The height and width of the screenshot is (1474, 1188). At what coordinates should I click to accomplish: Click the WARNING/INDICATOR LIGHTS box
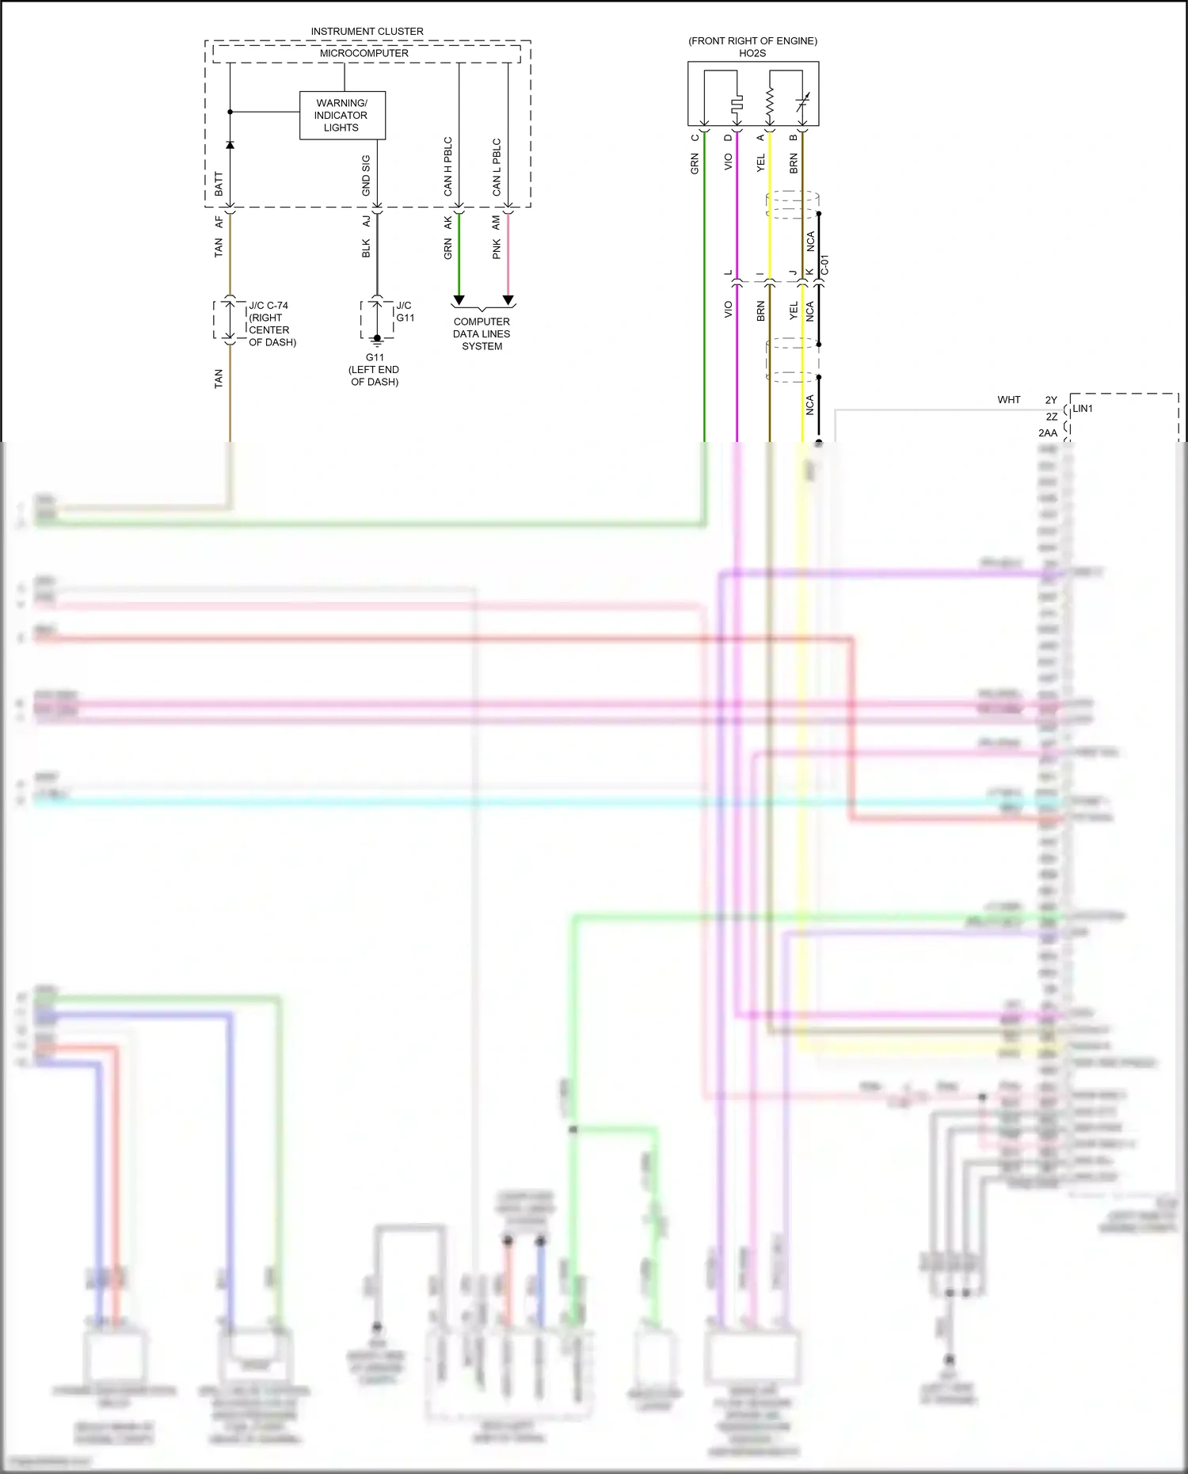click(342, 116)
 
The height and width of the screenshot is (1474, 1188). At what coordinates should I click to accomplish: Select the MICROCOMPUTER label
click(364, 53)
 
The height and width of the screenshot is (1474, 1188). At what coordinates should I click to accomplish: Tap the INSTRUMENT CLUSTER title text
click(367, 32)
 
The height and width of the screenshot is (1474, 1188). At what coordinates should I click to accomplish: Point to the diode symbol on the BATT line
click(230, 145)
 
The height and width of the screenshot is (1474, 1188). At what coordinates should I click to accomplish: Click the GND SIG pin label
click(366, 175)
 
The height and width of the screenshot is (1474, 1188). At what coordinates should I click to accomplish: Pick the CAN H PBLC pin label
click(448, 166)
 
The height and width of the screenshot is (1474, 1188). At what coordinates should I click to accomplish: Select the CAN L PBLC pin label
click(497, 167)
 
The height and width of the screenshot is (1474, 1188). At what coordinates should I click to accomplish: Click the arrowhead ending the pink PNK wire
click(508, 301)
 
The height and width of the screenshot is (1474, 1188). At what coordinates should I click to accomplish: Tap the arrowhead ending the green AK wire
click(459, 301)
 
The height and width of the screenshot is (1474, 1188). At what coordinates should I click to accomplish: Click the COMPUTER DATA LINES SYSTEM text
click(482, 333)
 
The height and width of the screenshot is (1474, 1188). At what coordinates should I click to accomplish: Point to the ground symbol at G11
click(377, 341)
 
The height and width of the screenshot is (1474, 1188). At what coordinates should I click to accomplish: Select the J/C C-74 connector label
click(269, 306)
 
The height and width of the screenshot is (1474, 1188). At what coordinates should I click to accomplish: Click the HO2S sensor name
click(752, 53)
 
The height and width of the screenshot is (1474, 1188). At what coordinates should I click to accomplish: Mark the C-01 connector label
click(824, 265)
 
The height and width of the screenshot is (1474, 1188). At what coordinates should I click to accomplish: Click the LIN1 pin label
click(1083, 409)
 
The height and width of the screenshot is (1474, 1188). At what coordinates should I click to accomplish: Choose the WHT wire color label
click(1009, 400)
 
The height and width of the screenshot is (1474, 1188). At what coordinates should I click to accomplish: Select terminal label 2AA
click(1048, 433)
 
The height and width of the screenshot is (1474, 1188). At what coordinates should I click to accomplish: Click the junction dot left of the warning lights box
click(230, 112)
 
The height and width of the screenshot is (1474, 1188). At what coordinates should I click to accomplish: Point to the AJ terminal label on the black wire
click(367, 222)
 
